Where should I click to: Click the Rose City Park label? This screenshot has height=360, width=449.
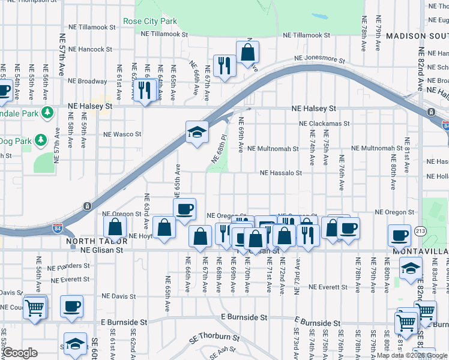[x=150, y=21]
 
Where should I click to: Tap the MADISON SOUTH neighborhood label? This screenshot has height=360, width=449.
[x=417, y=37]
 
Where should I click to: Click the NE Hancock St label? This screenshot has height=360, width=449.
[x=90, y=49]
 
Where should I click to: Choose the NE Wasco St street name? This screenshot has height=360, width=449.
[x=122, y=134]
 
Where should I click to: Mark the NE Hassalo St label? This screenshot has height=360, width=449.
[x=281, y=173]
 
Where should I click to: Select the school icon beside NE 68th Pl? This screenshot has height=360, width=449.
[x=196, y=131]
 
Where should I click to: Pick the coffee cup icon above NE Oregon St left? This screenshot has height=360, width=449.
[x=185, y=209]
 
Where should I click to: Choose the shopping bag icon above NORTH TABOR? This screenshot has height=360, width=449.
[x=115, y=227]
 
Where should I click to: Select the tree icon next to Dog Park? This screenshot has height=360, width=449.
[x=41, y=140]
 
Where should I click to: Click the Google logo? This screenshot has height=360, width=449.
[x=19, y=353]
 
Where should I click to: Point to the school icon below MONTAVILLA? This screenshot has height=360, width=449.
[x=411, y=268]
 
